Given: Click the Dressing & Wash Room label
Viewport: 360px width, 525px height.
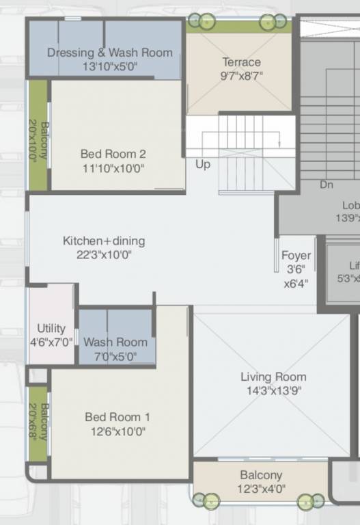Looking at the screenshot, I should (x=109, y=53).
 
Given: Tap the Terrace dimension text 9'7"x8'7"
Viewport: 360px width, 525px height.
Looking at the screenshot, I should (x=242, y=76).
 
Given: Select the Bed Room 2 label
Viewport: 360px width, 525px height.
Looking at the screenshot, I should (x=113, y=154).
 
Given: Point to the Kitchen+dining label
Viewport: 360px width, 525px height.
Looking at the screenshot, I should (x=104, y=241).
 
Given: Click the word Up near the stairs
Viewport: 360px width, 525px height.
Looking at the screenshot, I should (x=203, y=165).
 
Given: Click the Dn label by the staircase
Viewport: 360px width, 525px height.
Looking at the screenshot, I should (x=327, y=185).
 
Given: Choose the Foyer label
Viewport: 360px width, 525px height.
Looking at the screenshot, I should (x=296, y=256).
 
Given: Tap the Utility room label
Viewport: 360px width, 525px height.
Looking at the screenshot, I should (x=51, y=328).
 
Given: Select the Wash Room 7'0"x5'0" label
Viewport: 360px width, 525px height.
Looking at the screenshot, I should (x=115, y=342).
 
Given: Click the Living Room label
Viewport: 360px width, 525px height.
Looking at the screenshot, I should (x=273, y=377).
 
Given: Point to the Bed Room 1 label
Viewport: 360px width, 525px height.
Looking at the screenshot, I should (x=117, y=417).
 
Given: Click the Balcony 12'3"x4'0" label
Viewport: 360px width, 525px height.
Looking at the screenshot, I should (x=261, y=475).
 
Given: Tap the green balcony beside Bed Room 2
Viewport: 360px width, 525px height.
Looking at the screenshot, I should (x=38, y=135).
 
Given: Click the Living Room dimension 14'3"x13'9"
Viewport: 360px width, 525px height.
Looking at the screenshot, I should (x=273, y=391).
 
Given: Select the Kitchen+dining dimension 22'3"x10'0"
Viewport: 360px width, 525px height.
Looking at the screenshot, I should (x=104, y=254).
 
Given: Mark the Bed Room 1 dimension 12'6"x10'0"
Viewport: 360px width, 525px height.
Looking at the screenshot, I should (x=117, y=431).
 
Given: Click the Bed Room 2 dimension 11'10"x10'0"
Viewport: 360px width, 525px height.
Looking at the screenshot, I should (x=113, y=168).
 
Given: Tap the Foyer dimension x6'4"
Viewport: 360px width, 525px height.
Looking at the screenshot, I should (x=296, y=283).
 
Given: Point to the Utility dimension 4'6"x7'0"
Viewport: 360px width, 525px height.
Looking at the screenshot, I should (x=51, y=342).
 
